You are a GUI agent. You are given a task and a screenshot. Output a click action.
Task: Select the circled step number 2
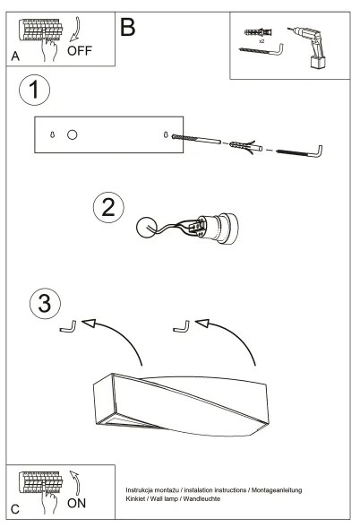108,208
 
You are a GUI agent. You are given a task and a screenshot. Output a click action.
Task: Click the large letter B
127,28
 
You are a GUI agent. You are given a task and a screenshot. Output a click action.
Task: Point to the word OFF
79,51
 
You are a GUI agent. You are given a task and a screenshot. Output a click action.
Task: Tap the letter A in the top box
15,56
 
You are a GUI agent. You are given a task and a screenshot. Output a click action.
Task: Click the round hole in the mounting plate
73,134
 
